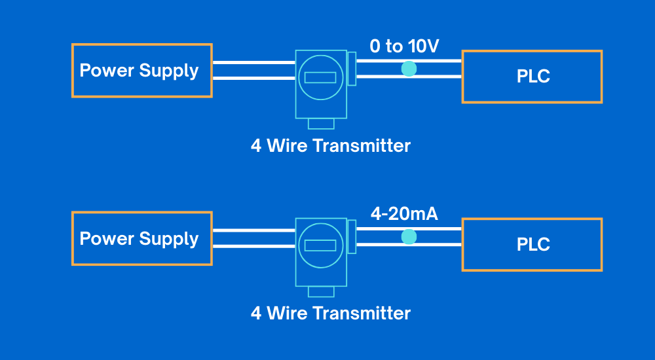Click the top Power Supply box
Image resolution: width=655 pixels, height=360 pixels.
point(141,71)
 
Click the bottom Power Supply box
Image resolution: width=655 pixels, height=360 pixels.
point(141,238)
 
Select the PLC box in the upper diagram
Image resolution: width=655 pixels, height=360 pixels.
point(532,77)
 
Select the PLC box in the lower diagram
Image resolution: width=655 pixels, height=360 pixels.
point(532,245)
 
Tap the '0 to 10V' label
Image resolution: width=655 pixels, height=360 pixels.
point(404,46)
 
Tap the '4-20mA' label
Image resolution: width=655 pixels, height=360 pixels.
point(404,214)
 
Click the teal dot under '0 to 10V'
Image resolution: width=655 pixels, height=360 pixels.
point(409,69)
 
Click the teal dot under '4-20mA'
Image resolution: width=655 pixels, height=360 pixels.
point(409,237)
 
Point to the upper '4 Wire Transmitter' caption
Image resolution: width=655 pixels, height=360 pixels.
point(331,145)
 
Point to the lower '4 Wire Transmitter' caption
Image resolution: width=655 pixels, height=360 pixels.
point(331,314)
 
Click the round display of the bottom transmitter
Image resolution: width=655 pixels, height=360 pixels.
point(320,245)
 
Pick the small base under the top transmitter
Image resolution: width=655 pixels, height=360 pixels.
point(321,124)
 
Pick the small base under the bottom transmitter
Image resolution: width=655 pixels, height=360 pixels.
point(321,291)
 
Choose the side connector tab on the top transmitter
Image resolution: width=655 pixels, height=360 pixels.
point(352,69)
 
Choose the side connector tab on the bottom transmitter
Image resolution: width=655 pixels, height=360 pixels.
point(352,237)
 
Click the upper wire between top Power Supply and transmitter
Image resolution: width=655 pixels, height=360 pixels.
point(253,63)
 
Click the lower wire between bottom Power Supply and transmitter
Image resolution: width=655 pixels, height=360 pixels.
point(253,247)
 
